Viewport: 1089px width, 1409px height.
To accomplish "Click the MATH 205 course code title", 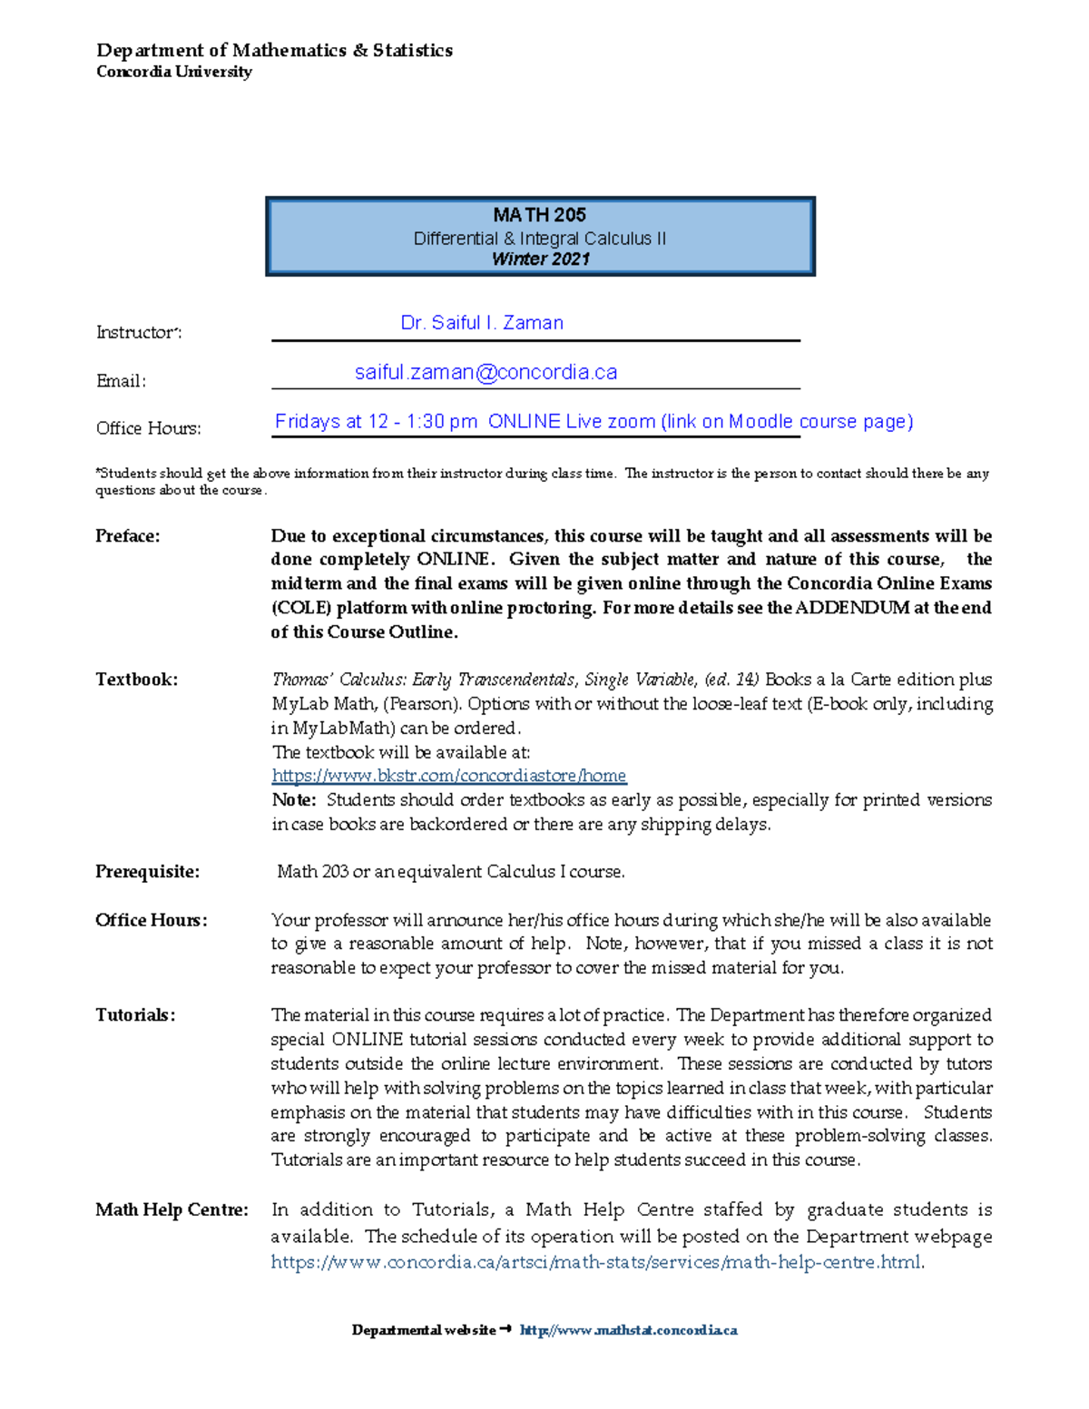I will [x=540, y=215].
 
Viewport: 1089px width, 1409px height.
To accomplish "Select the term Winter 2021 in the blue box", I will [x=541, y=259].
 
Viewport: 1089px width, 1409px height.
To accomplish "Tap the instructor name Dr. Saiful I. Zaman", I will [x=482, y=323].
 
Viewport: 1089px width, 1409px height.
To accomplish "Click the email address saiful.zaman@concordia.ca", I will [x=486, y=372].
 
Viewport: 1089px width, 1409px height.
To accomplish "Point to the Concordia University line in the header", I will [x=174, y=72].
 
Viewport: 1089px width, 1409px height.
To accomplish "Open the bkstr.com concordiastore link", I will [x=449, y=776].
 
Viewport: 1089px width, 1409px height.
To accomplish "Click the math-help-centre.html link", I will [x=596, y=1262].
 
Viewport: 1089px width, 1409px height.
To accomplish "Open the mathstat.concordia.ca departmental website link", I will [x=628, y=1330].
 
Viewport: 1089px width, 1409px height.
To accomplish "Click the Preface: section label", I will [x=128, y=536].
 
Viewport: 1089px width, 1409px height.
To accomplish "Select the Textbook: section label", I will [x=136, y=680].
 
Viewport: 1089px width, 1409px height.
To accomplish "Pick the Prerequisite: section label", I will [x=147, y=872].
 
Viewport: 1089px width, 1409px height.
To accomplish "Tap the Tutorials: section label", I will [x=135, y=1015].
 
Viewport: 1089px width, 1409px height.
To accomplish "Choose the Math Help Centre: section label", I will [x=172, y=1210].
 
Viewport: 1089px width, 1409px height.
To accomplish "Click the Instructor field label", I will [x=139, y=333].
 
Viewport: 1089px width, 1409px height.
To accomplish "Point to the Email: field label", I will [x=121, y=381].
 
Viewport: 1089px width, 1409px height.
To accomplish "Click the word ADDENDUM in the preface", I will [x=852, y=608].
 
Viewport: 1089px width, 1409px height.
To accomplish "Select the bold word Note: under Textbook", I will [x=294, y=800].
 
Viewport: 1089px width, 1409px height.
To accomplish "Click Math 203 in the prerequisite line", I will [x=312, y=872].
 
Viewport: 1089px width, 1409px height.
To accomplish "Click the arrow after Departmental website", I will [x=506, y=1329].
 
